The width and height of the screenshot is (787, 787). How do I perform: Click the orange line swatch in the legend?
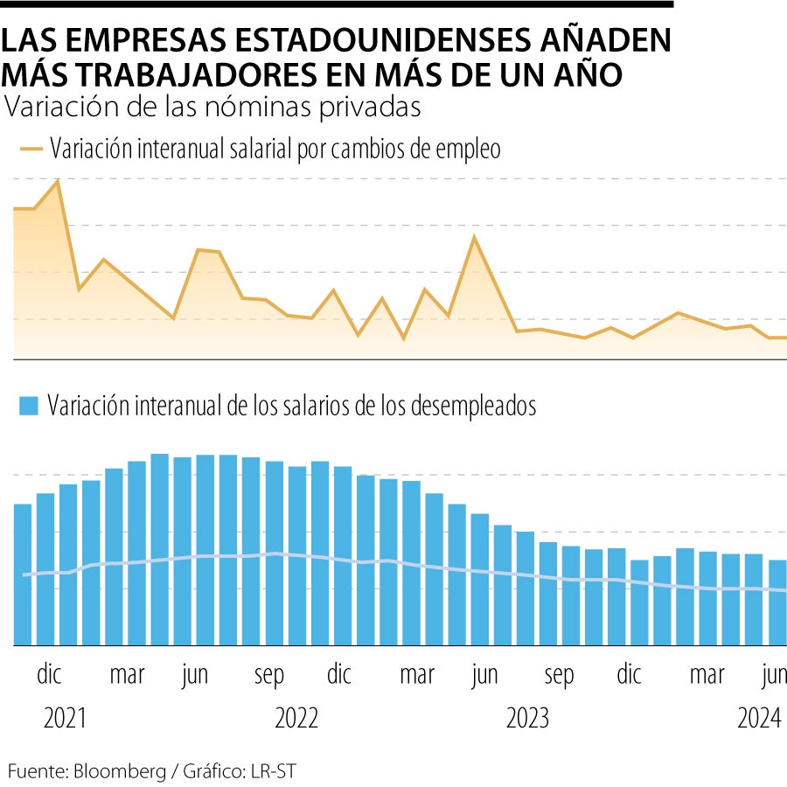tap(31, 149)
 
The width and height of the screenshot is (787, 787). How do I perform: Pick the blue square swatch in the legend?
tap(30, 407)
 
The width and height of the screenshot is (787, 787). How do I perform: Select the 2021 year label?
tap(66, 719)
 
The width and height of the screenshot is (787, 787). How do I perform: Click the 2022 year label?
tap(296, 719)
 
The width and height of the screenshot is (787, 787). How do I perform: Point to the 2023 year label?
tap(527, 719)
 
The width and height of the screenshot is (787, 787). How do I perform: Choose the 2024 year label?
tap(759, 719)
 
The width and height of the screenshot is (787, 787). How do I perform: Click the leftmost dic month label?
tap(50, 675)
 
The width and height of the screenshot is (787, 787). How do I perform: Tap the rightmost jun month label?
tap(774, 675)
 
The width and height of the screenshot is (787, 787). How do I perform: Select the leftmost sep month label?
tap(269, 675)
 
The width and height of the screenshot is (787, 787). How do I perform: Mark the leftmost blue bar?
tap(23, 574)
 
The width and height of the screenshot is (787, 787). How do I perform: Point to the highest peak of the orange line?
tap(58, 181)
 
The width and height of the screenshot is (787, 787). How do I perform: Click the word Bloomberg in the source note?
tap(118, 771)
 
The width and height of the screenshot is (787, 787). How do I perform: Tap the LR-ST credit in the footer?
tap(276, 771)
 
